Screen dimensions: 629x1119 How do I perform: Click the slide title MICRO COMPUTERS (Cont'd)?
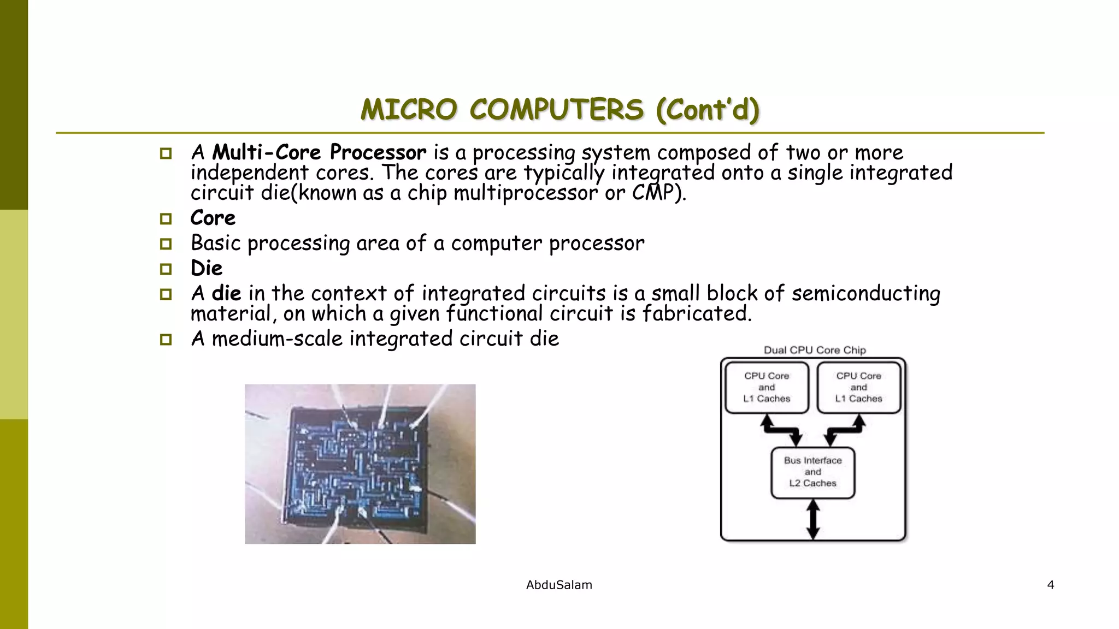[559, 110]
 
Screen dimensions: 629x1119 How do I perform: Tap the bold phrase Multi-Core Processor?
[319, 152]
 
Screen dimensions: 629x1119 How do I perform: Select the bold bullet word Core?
[213, 218]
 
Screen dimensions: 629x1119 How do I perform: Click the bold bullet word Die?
[207, 268]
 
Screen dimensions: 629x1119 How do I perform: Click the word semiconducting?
[865, 294]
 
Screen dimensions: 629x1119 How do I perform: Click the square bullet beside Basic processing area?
[166, 244]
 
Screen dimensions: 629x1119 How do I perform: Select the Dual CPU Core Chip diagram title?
[815, 350]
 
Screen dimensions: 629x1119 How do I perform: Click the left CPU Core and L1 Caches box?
[767, 387]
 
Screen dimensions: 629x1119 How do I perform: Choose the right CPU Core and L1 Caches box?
[858, 387]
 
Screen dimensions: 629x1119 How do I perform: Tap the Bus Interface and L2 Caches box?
[812, 472]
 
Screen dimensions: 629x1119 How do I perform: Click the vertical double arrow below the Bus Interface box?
[813, 520]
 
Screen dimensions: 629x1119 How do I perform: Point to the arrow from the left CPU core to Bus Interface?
[782, 430]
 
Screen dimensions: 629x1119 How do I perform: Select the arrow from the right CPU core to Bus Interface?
[845, 430]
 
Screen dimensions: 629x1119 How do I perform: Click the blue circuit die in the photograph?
[358, 464]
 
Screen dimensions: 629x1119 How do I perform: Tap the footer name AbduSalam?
[559, 585]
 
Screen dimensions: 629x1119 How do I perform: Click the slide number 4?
[1050, 585]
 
